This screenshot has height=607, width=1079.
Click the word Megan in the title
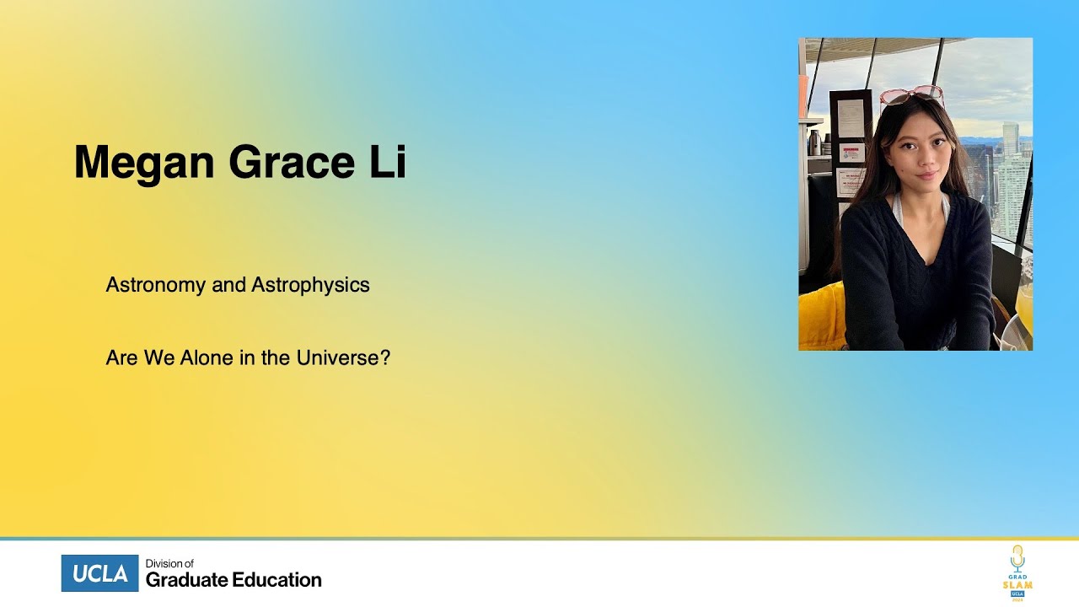pos(144,162)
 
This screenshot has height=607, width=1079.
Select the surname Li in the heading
pos(387,162)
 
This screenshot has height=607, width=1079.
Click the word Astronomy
pos(156,285)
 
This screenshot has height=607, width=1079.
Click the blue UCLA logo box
pos(99,573)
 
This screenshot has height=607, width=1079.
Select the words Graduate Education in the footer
pos(234,580)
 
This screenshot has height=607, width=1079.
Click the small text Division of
pos(169,563)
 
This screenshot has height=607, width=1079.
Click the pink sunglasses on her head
pos(911,94)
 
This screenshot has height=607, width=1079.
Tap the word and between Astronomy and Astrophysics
pos(228,285)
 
